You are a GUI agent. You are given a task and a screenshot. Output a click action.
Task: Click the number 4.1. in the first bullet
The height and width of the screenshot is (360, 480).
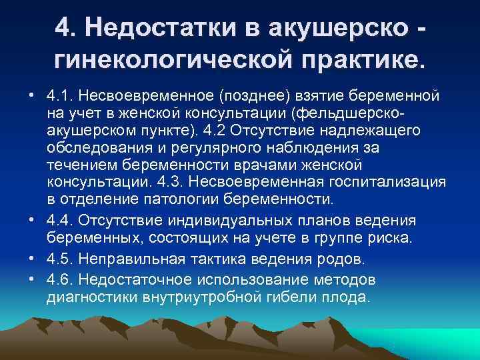pyautogui.click(x=61, y=97)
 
